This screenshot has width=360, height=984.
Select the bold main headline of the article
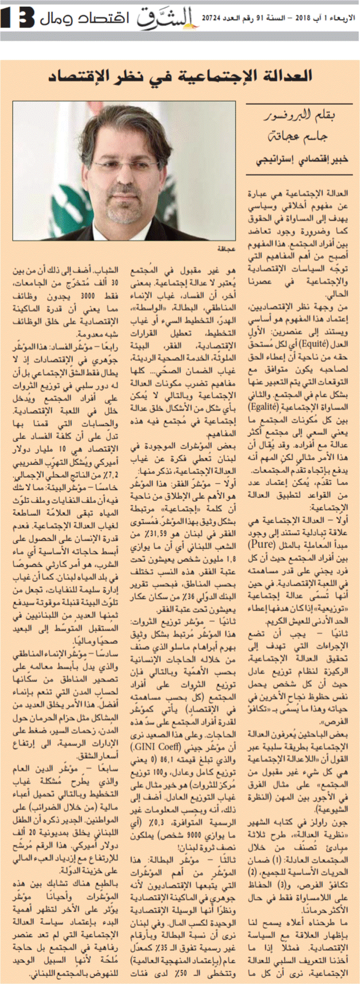click(x=179, y=75)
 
